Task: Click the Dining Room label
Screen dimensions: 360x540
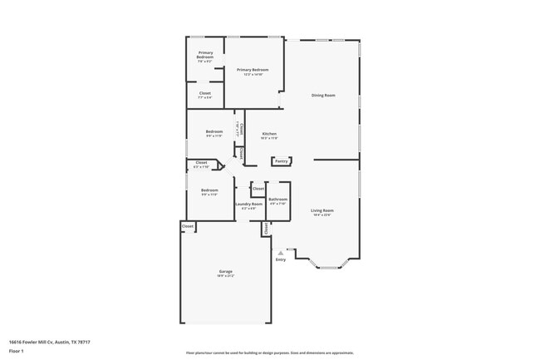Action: [323, 96]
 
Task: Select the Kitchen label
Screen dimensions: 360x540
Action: [269, 134]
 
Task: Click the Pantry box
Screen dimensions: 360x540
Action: [281, 160]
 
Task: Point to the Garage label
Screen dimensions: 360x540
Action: [225, 272]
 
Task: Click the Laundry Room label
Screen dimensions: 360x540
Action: [248, 204]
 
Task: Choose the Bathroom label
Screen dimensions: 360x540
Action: [277, 200]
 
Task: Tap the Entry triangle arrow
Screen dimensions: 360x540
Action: [281, 252]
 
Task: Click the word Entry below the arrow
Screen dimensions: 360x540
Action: [281, 259]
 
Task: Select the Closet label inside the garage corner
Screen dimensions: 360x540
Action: [188, 225]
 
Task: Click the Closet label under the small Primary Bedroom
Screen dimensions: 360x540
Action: [204, 93]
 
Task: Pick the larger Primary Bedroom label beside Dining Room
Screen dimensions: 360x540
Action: [253, 70]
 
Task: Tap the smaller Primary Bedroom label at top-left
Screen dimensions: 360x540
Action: [205, 55]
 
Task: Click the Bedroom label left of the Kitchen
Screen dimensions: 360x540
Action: [214, 131]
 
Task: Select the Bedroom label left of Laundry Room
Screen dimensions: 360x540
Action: [209, 190]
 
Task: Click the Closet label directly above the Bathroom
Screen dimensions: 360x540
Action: [258, 189]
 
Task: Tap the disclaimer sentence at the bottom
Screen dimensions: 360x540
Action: [269, 353]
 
